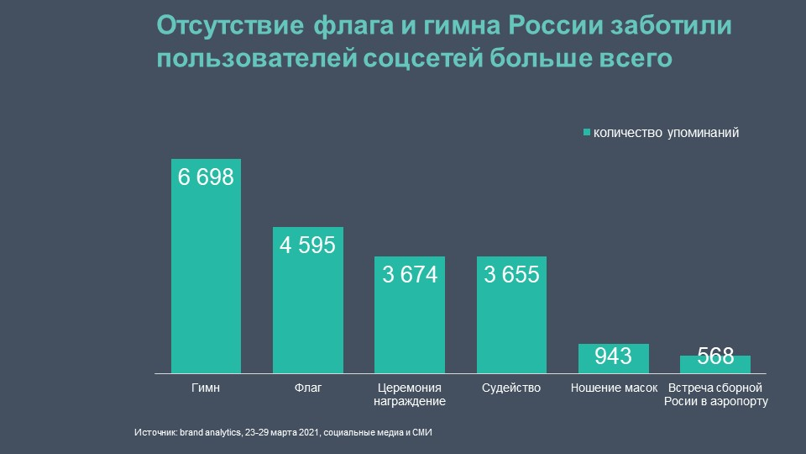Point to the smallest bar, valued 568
(715, 364)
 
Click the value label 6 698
(206, 177)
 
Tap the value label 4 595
(308, 245)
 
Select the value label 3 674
(410, 275)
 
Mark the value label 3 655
(512, 275)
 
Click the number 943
(614, 357)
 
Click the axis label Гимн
(206, 388)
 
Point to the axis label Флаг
(308, 388)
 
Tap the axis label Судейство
(512, 388)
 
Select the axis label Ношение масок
(614, 388)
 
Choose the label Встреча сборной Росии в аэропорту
(715, 394)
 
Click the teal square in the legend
(587, 133)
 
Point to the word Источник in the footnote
(154, 433)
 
